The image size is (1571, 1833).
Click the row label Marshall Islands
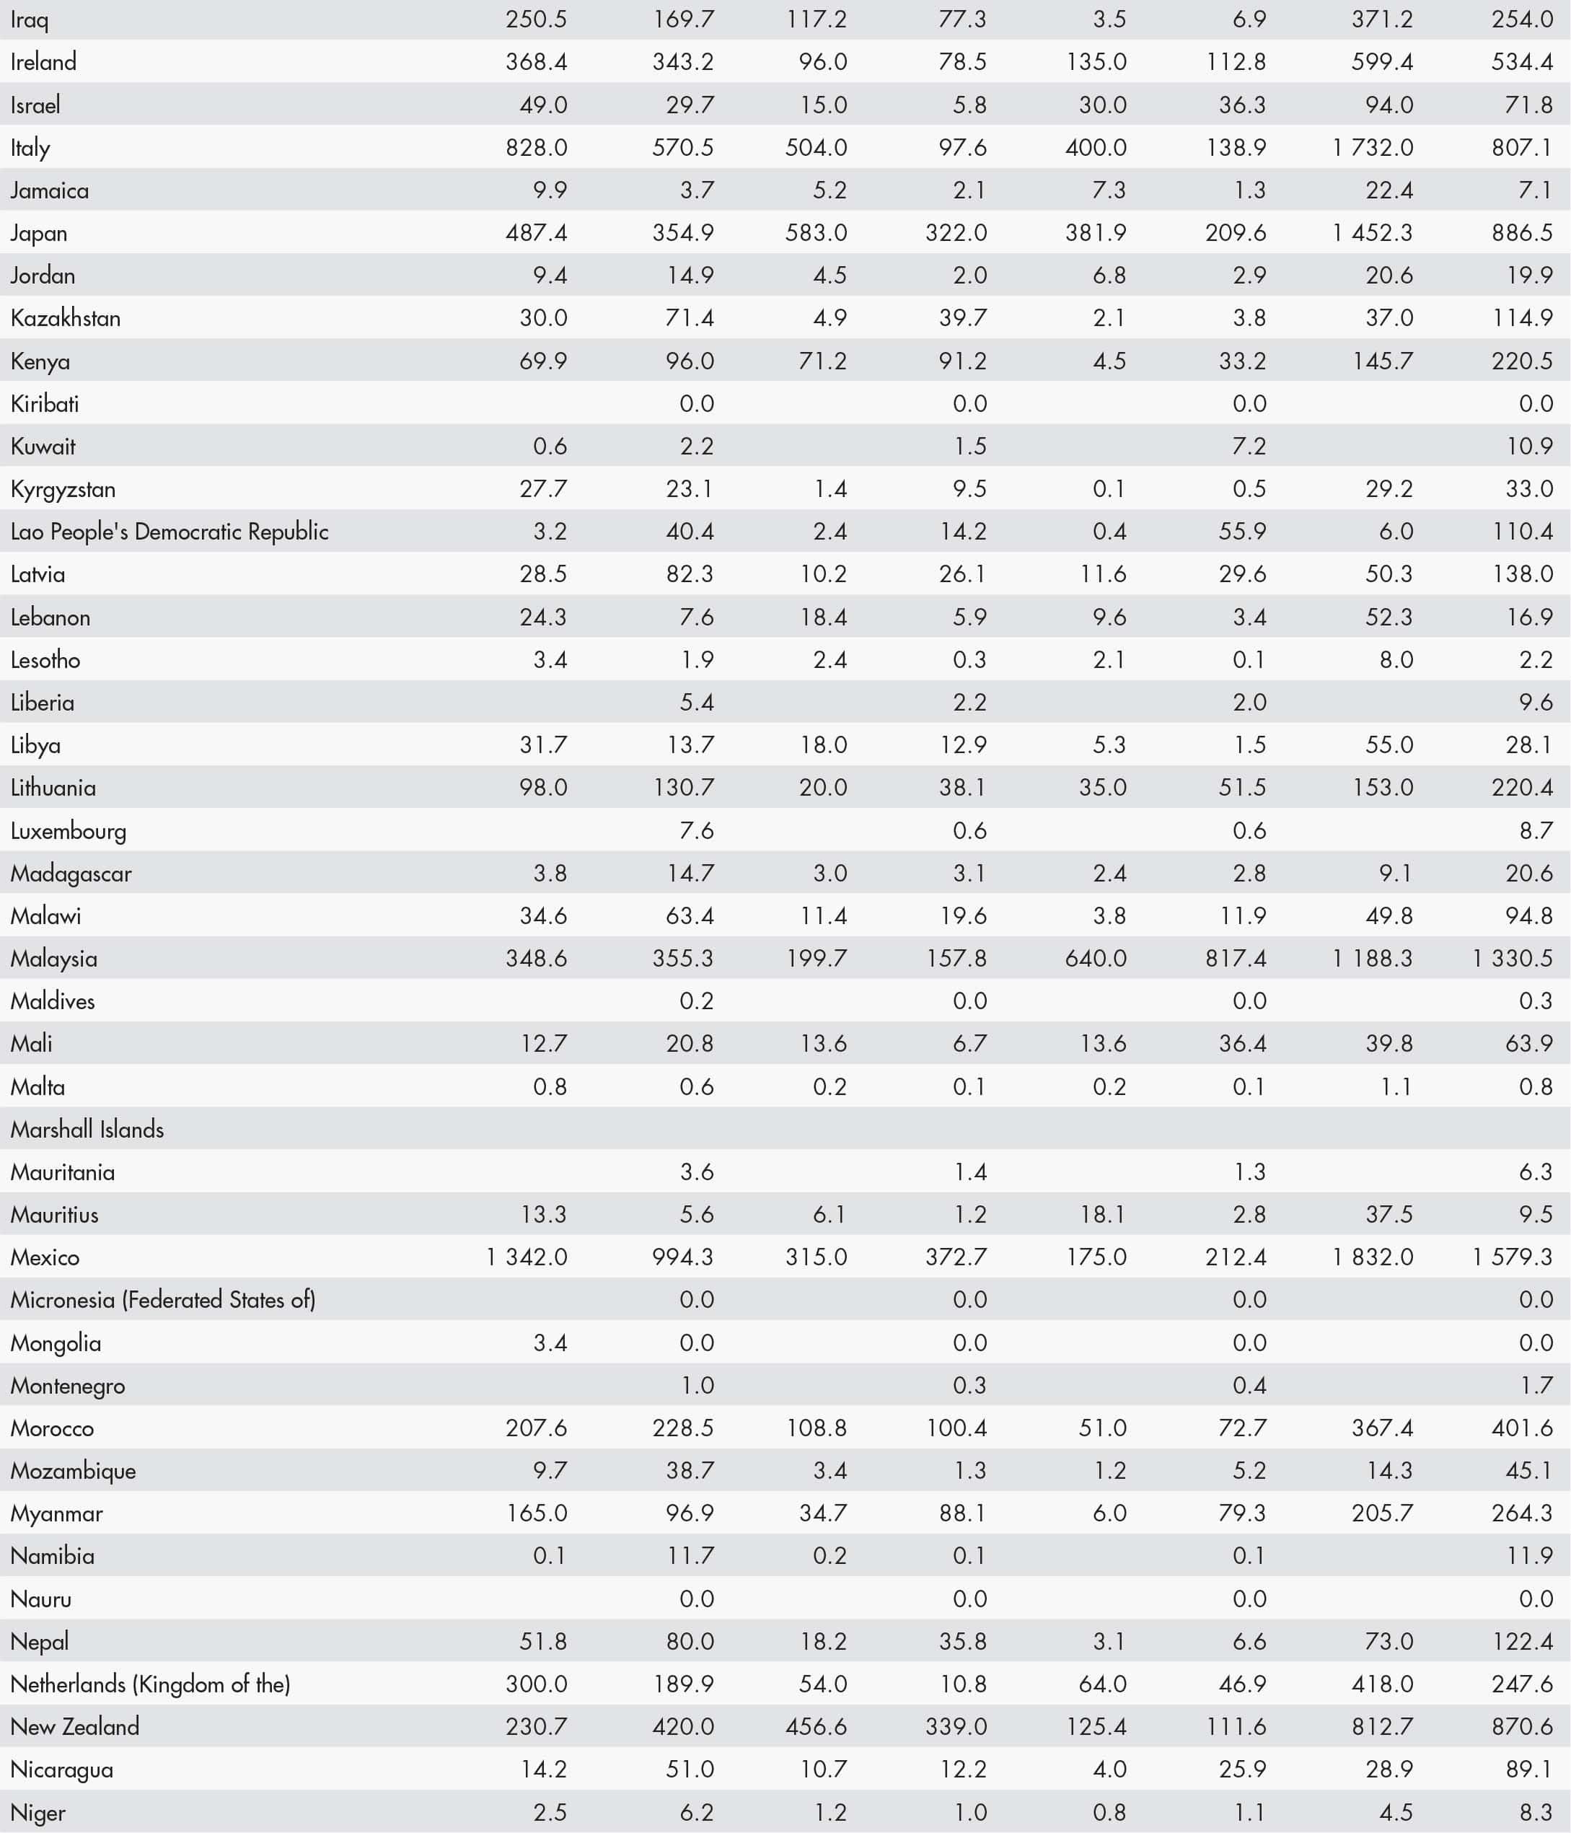[x=87, y=1130]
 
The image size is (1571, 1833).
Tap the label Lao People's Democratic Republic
[x=169, y=532]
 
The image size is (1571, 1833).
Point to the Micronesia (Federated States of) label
[x=163, y=1300]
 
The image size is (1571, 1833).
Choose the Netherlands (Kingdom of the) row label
[x=150, y=1684]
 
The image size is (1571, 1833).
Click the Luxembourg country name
[x=68, y=831]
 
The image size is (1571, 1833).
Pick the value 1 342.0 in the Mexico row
[x=527, y=1257]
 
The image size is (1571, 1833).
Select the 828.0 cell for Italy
[x=536, y=148]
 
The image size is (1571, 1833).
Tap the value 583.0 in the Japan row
[x=816, y=233]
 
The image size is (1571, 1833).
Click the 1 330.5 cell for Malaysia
[x=1512, y=958]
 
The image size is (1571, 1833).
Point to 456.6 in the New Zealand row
[x=816, y=1726]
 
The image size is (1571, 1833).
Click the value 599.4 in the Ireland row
[x=1382, y=62]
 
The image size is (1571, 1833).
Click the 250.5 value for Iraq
[x=536, y=19]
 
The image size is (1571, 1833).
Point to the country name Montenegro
[x=67, y=1385]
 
